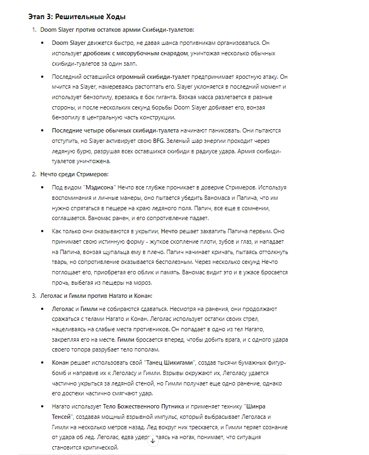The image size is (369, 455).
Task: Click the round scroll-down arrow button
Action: pyautogui.click(x=154, y=441)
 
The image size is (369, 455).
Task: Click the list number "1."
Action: pyautogui.click(x=34, y=29)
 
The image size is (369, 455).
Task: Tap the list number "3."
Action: pyautogui.click(x=34, y=296)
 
